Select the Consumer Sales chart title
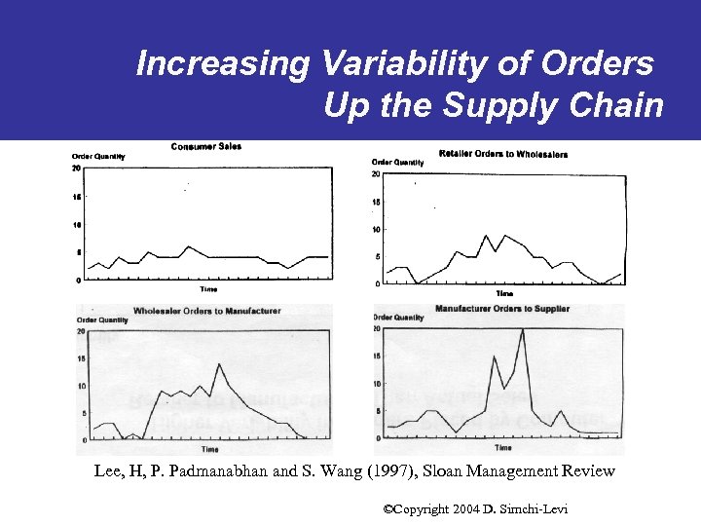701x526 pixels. [x=206, y=147]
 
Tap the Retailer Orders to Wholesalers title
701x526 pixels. [x=503, y=154]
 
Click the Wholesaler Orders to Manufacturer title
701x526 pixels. [x=206, y=311]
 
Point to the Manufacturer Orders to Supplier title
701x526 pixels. [x=502, y=309]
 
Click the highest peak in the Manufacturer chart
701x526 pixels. [x=523, y=330]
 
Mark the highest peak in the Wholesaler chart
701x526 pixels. [x=220, y=364]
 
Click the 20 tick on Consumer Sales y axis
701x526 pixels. [x=76, y=169]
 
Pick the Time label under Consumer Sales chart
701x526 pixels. [x=208, y=289]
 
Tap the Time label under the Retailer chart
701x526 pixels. [x=504, y=293]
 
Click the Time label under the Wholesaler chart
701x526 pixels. [x=209, y=450]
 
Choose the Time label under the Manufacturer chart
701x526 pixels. [x=502, y=448]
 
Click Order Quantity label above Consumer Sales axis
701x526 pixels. [x=98, y=157]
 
